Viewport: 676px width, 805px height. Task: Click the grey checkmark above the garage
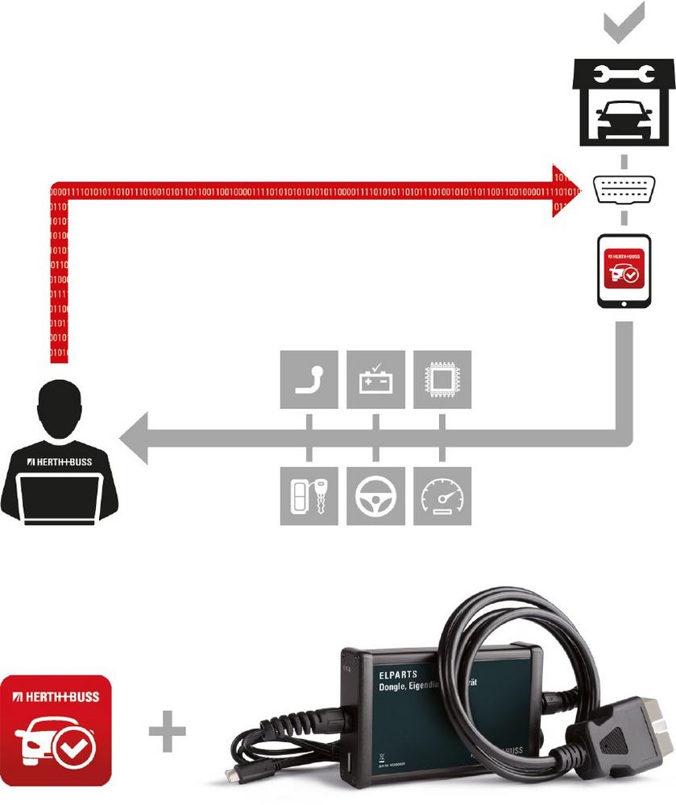coord(624,24)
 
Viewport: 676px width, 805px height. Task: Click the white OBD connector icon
coord(624,191)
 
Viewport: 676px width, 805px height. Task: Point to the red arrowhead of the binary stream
coord(565,191)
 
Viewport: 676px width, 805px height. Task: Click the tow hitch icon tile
coord(309,379)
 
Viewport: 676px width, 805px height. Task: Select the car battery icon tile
coord(375,379)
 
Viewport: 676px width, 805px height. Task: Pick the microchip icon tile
coord(442,379)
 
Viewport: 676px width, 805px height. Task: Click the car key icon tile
coord(309,496)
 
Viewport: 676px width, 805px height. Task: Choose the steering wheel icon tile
coord(375,496)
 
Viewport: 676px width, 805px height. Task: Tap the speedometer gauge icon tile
coord(442,496)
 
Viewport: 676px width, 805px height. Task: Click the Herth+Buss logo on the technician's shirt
coord(60,461)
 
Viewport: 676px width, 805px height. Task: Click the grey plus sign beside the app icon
coord(168,730)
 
